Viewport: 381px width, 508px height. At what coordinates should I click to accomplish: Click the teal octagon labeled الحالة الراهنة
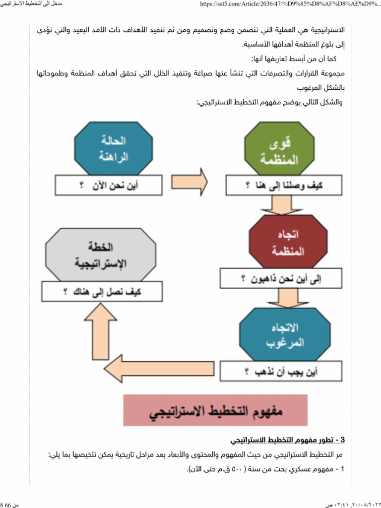[x=107, y=149]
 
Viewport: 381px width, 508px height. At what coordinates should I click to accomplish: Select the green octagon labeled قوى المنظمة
[x=279, y=150]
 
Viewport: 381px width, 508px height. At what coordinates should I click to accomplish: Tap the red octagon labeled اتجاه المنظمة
[x=282, y=242]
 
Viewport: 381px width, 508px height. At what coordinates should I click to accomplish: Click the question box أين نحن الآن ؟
[x=109, y=186]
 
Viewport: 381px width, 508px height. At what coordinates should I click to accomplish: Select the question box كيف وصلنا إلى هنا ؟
[x=281, y=186]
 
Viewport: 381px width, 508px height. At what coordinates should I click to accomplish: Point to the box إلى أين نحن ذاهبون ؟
[x=281, y=278]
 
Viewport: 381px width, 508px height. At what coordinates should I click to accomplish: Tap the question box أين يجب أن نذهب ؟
[x=282, y=371]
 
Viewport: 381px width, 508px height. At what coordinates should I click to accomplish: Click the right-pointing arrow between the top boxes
[x=189, y=182]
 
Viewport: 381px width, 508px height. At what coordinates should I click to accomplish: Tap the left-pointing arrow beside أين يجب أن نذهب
[x=164, y=368]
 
